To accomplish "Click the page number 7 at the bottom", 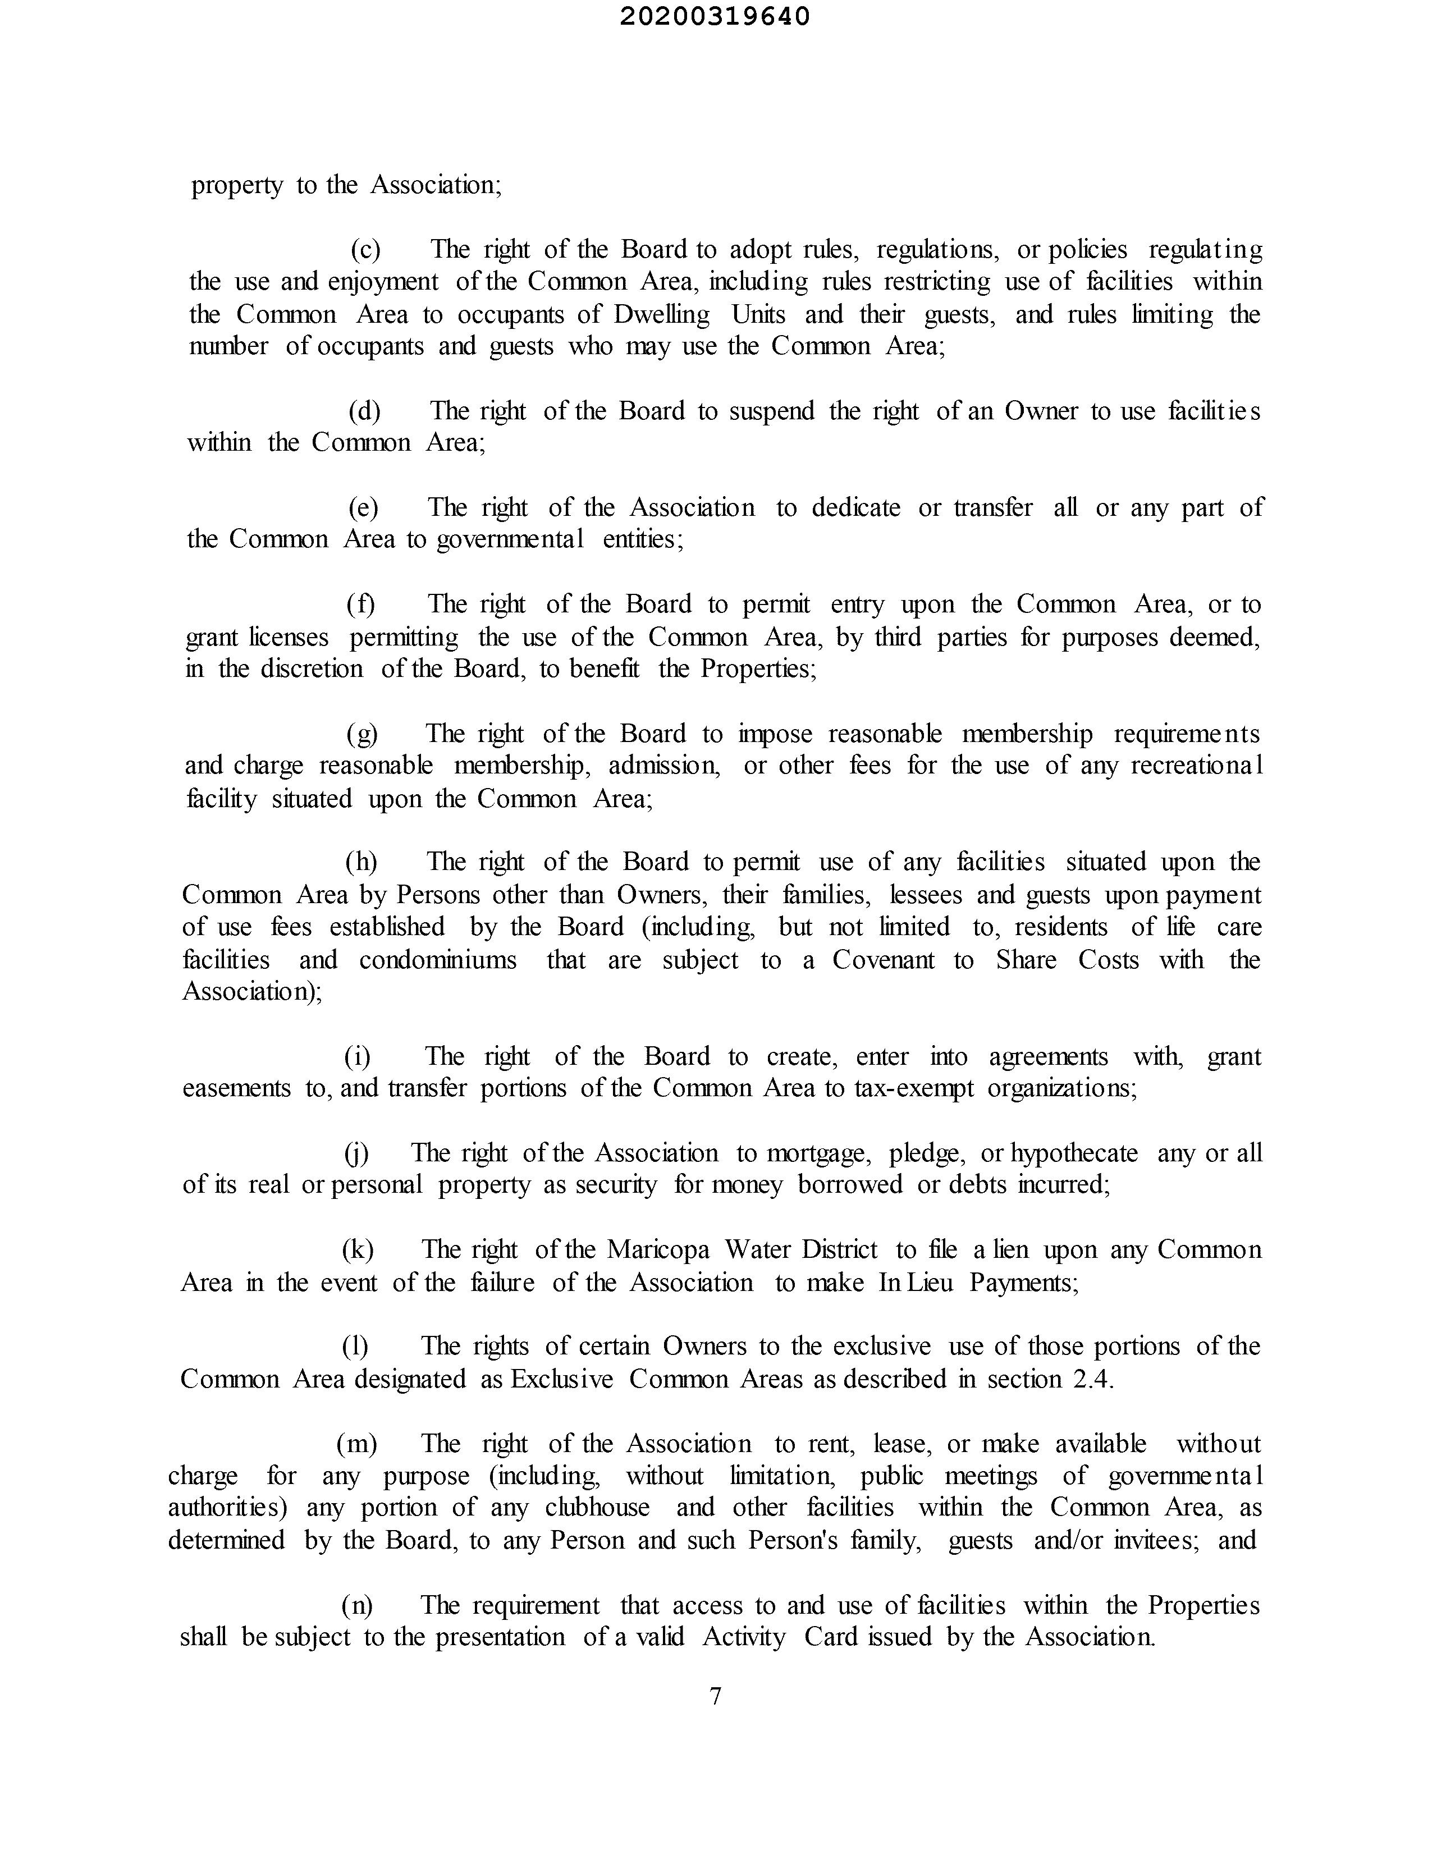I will pos(715,1696).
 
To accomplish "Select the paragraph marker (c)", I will pos(366,249).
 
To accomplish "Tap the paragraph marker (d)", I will pos(364,411).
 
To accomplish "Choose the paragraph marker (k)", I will pos(358,1249).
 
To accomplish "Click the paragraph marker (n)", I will pos(356,1605).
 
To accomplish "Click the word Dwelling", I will pos(661,314).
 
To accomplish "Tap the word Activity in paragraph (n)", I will pos(743,1637).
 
